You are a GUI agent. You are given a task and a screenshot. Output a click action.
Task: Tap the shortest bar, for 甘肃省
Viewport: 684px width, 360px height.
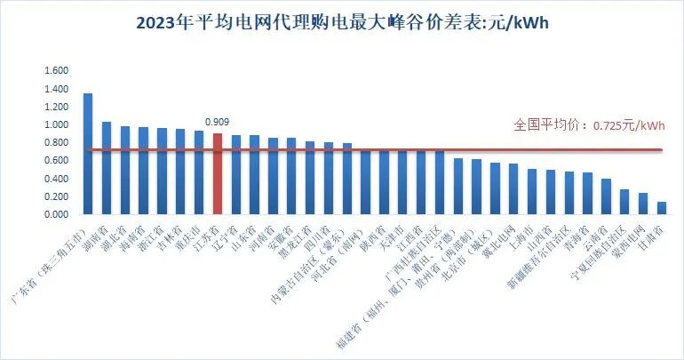661,208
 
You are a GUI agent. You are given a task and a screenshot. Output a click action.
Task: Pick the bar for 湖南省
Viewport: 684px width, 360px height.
106,168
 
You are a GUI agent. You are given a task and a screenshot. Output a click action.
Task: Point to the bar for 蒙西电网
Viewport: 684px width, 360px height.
642,204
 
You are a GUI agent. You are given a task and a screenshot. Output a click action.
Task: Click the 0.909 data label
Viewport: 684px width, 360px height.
217,123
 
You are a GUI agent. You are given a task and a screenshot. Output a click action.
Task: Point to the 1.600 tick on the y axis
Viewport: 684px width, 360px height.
56,71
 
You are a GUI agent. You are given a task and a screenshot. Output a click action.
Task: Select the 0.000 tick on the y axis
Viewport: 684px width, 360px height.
56,215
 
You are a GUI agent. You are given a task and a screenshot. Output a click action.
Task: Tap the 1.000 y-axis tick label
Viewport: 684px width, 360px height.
56,125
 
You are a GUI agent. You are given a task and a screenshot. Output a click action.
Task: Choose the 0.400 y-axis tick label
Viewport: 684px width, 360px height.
56,179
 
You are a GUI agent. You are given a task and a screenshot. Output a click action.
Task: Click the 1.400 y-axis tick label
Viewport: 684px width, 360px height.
56,89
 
